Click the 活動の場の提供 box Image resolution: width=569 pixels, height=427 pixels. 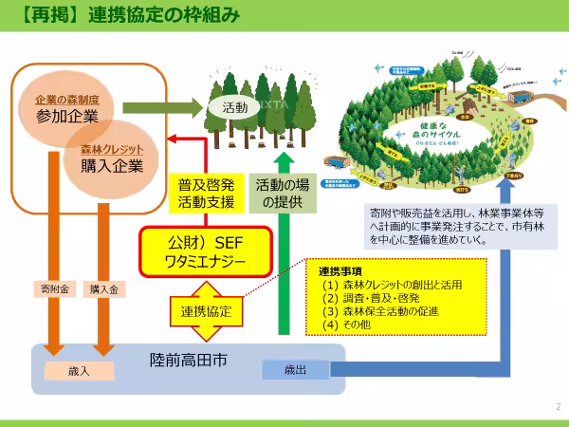click(x=282, y=191)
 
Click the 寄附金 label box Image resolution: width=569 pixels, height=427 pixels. click(x=53, y=288)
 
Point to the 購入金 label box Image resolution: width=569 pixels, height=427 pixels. click(x=103, y=288)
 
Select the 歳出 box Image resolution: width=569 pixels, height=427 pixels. click(x=295, y=369)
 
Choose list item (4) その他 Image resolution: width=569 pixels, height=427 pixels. click(x=352, y=325)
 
